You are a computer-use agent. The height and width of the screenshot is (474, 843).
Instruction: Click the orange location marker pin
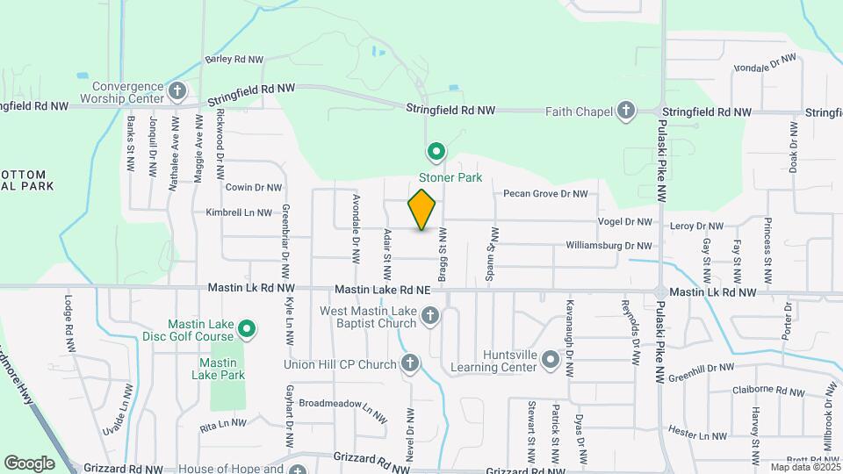(422, 209)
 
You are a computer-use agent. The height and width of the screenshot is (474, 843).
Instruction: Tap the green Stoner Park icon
(436, 154)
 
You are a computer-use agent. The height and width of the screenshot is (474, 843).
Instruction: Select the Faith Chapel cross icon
(626, 111)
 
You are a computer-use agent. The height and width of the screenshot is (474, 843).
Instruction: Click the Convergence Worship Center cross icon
(177, 90)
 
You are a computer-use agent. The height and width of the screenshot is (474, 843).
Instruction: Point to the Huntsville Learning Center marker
(550, 360)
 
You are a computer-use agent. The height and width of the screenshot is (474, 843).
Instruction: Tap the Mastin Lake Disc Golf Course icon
(248, 329)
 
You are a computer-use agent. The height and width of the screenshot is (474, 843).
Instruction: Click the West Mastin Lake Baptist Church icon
(430, 315)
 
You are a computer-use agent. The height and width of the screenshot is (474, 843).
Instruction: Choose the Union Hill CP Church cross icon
(409, 363)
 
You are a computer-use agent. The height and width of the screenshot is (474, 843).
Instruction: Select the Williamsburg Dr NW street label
(609, 246)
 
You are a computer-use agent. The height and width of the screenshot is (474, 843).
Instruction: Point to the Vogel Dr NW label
(624, 223)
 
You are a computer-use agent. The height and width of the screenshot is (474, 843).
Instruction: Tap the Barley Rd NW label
(234, 60)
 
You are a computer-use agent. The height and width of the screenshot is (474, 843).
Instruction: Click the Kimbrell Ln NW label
(239, 212)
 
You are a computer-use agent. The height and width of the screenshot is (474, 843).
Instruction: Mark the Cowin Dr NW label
(254, 187)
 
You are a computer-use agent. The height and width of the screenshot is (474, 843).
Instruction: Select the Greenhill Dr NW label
(724, 369)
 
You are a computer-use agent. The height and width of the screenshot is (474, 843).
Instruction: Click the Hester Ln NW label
(697, 434)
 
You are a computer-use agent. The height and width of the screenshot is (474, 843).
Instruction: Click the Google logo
(29, 463)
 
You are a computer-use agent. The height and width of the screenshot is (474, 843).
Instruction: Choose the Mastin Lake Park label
(221, 369)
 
